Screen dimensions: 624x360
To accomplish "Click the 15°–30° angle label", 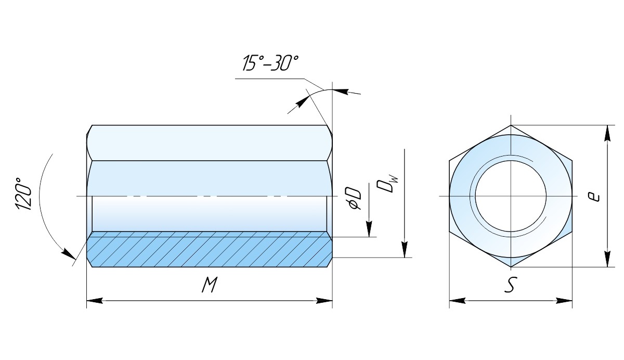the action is pos(270,63).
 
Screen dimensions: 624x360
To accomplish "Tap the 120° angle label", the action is pos(23,194).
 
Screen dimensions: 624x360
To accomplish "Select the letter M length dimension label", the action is pos(210,285).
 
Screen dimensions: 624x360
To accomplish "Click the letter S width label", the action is pos(510,285).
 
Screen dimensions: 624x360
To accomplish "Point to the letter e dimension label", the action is pos(595,197).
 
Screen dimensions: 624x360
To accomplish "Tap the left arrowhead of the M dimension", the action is pos(95,301).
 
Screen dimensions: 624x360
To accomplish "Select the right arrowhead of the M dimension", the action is pos(324,301).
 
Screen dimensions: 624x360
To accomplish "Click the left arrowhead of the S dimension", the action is pos(458,301).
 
